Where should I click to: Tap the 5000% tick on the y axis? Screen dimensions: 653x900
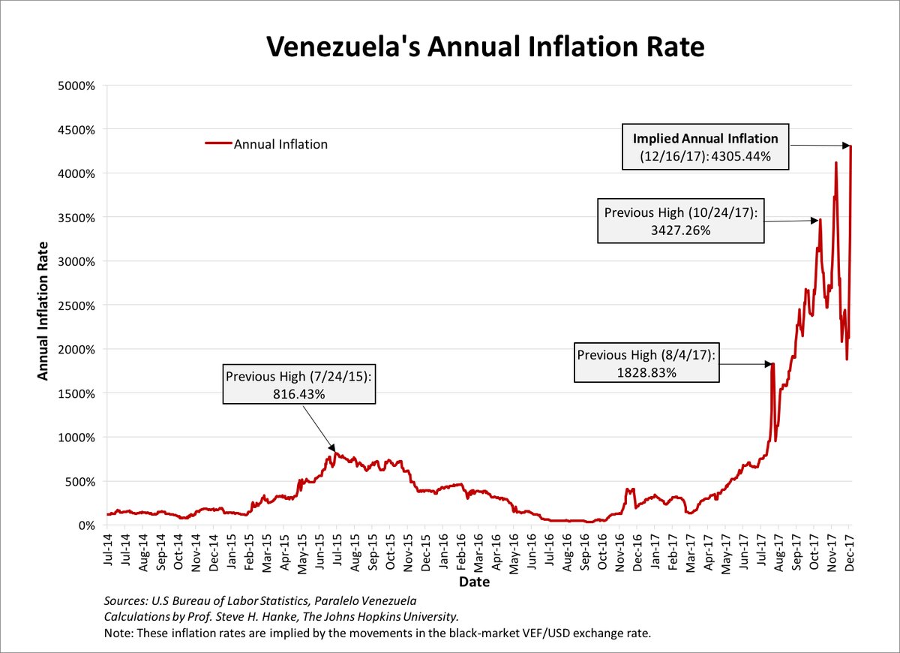point(76,86)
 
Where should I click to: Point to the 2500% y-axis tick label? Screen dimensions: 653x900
point(76,305)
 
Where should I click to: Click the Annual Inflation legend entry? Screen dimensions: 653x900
point(280,144)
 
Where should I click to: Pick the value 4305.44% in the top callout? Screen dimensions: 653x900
point(739,156)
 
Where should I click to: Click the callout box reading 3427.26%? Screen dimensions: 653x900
point(680,221)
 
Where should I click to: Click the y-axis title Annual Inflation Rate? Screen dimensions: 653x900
point(44,310)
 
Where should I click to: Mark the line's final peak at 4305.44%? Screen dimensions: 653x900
point(851,146)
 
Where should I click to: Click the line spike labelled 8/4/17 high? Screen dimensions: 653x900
point(772,365)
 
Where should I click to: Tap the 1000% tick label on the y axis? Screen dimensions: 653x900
point(76,438)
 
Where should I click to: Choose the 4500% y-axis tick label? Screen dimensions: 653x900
point(76,130)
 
